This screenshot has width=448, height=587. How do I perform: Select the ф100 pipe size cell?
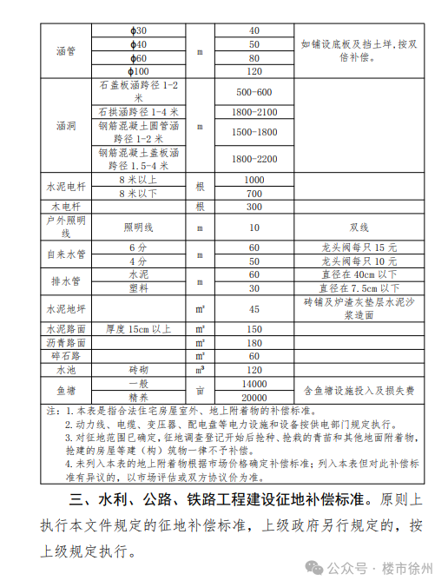[139, 71]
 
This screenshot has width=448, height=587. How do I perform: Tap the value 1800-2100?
[254, 112]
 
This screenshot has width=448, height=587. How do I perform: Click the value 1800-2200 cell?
[254, 158]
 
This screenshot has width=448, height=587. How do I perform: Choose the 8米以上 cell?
[139, 179]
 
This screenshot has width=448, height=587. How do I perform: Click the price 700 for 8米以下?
[254, 193]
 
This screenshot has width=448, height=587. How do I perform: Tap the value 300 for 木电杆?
[254, 207]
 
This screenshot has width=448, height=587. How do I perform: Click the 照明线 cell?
[139, 227]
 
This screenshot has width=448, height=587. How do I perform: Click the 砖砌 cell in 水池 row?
[139, 369]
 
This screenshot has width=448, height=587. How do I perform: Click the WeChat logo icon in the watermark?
[313, 567]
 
